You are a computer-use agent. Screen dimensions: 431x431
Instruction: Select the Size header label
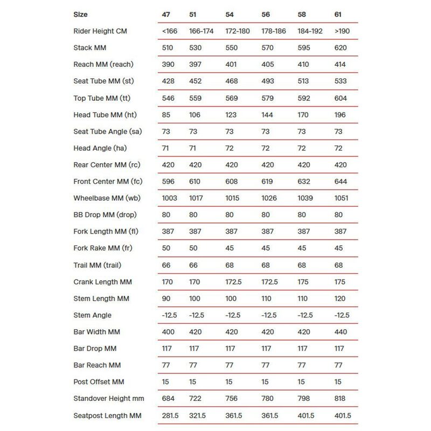[80, 14]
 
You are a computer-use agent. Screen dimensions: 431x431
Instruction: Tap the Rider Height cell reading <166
[168, 31]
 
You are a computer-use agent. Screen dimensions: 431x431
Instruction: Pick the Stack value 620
[340, 47]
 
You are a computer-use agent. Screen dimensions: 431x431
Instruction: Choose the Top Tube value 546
[168, 98]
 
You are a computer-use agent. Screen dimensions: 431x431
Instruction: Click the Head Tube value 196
[340, 115]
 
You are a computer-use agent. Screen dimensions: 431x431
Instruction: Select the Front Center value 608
[232, 182]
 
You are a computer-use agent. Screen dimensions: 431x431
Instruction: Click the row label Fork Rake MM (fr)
[102, 248]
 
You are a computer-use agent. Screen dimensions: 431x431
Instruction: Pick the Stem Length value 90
[166, 298]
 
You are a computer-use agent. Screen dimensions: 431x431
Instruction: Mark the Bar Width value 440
[340, 332]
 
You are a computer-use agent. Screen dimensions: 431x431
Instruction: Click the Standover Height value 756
[232, 399]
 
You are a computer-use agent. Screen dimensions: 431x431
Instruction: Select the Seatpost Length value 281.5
[171, 415]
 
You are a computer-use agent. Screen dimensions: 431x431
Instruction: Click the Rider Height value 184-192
[310, 31]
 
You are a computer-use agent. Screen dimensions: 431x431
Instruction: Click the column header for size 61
[338, 14]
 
